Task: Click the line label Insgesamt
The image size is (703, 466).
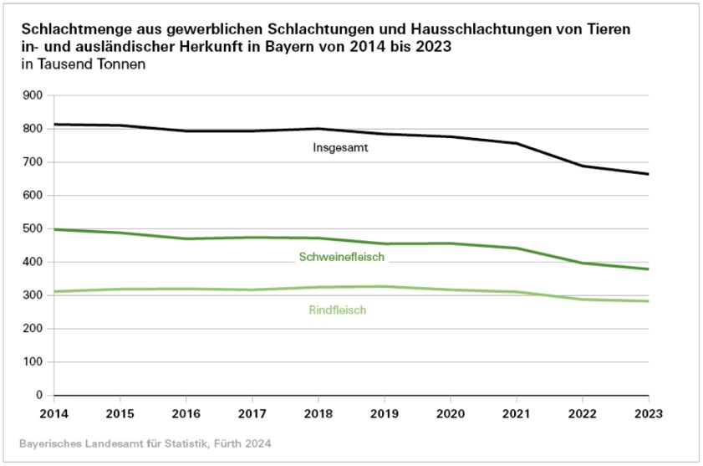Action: coord(341,148)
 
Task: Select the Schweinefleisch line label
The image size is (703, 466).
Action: coord(341,257)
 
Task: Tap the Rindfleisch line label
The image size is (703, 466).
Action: coord(338,310)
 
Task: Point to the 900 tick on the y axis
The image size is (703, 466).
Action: coord(33,95)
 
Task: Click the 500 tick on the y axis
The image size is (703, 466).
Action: coord(33,228)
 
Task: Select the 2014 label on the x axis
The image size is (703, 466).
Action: coord(53,412)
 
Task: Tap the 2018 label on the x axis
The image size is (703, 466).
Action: coord(317,412)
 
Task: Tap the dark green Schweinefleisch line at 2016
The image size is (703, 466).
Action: coord(185,238)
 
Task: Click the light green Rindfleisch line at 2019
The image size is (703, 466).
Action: coord(383,286)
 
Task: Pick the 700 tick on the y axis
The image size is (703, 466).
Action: coord(33,161)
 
